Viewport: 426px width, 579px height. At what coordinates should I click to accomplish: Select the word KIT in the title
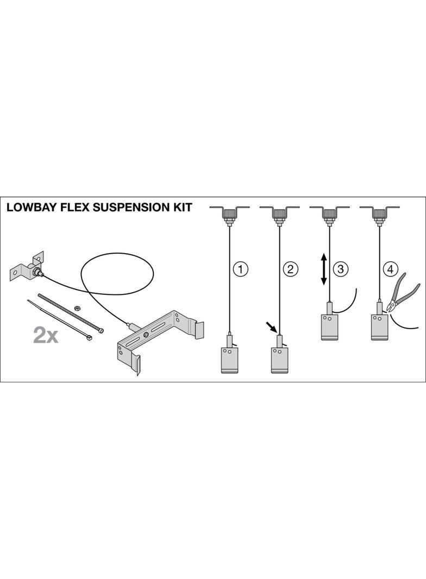pos(180,207)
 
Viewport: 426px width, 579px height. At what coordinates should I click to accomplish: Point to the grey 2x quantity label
pos(46,335)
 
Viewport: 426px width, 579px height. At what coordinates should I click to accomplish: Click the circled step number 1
pos(240,268)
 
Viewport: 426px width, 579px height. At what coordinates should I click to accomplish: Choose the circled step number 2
pos(290,268)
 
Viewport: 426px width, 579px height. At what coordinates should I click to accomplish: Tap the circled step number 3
pos(340,268)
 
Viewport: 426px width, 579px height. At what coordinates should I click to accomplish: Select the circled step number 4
pos(390,268)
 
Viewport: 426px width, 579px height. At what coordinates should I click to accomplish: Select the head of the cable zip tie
pos(88,337)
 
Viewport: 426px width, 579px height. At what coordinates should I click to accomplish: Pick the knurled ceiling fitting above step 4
pos(379,215)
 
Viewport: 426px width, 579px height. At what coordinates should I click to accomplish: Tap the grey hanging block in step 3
pos(329,326)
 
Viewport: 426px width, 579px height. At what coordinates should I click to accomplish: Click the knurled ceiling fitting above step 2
pos(279,215)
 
